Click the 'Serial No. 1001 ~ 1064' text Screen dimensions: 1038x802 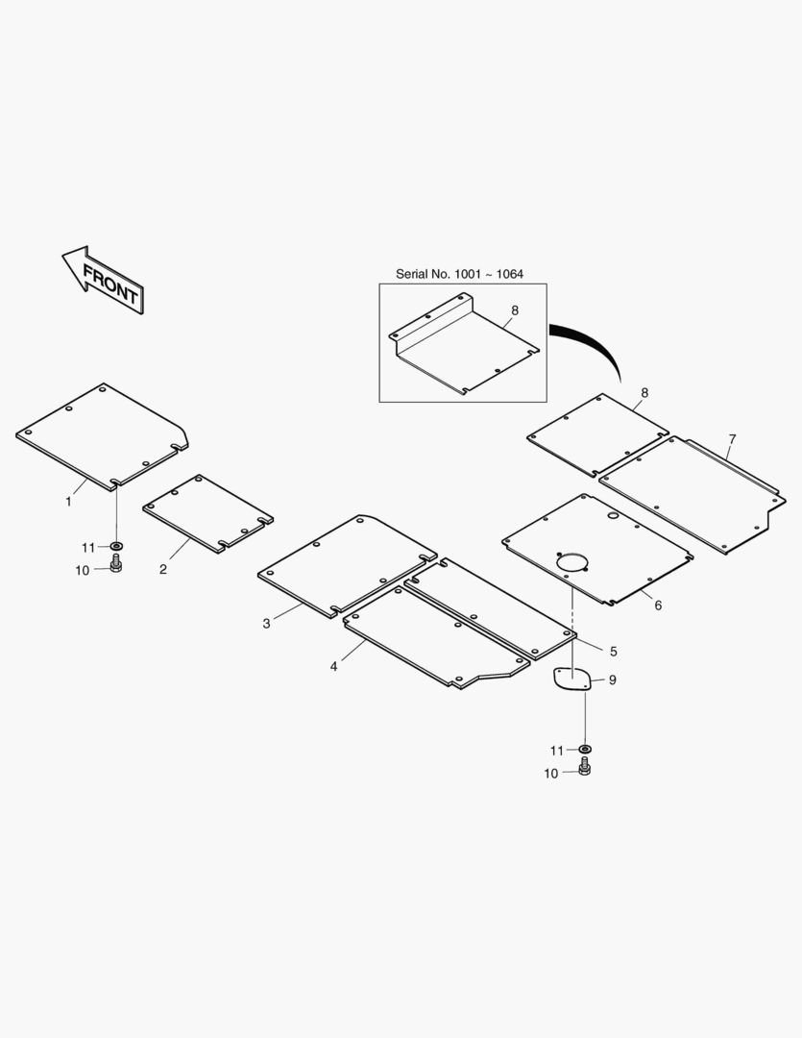coord(460,274)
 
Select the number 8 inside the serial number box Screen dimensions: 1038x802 coord(514,310)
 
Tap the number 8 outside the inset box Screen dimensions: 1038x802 coord(644,392)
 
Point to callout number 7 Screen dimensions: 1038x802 coord(732,439)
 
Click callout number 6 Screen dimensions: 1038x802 coord(658,605)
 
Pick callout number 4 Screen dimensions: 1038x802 coord(334,666)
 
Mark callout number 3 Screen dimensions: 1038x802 coord(266,624)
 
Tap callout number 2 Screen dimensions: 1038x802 coord(163,569)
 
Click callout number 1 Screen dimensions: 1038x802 coord(68,501)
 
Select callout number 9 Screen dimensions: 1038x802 coord(612,680)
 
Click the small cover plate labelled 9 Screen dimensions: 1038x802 coord(571,680)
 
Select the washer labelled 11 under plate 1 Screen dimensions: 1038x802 coord(116,547)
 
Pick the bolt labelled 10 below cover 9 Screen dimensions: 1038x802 coord(584,768)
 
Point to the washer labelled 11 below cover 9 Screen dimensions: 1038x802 coord(584,749)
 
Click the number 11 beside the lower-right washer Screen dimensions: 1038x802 coord(557,750)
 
